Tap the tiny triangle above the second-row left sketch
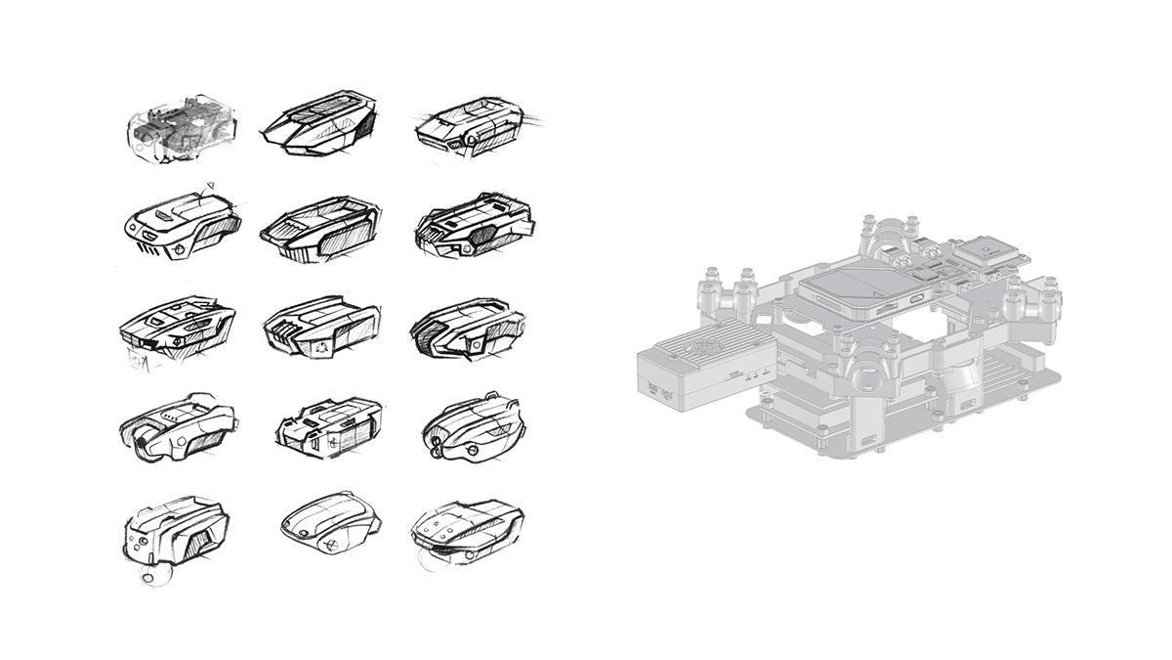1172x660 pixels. coord(207,186)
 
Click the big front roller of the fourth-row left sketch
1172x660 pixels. coord(146,445)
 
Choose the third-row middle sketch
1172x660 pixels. coord(319,327)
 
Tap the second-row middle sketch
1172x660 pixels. coord(319,230)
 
